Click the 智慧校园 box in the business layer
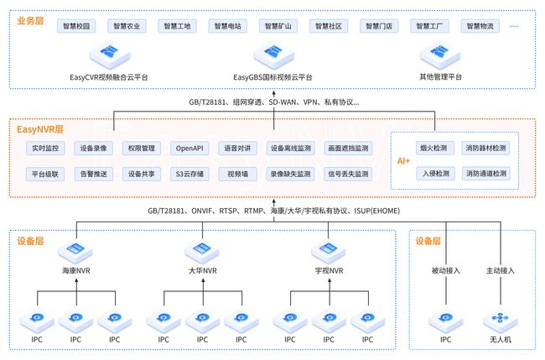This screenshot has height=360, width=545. pos(76,26)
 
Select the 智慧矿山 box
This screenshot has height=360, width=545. pos(278,26)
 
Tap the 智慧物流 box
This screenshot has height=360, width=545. pos(480,26)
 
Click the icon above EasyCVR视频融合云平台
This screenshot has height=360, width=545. pos(110,57)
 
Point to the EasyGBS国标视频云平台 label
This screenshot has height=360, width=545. pos(272,77)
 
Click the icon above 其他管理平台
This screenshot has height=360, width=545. pos(440,57)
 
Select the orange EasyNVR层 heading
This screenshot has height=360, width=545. pos(40,129)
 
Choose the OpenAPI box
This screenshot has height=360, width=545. pos(189,149)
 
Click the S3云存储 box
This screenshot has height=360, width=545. pos(189,174)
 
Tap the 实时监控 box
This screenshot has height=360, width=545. pos(45,149)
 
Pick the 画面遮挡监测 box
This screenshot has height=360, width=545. pos(348,149)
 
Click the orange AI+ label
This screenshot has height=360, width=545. pos(403,161)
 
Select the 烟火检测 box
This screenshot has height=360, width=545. pos(433,148)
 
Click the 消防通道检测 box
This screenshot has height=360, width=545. pos(486,173)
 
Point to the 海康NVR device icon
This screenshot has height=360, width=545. pos(75,253)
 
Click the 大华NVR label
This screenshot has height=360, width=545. pos(203,270)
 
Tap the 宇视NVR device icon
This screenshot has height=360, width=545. pos(329,253)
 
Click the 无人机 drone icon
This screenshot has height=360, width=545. pos(501,321)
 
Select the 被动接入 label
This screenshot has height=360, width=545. pos(446,270)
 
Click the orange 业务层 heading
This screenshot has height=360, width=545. pos(30,21)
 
